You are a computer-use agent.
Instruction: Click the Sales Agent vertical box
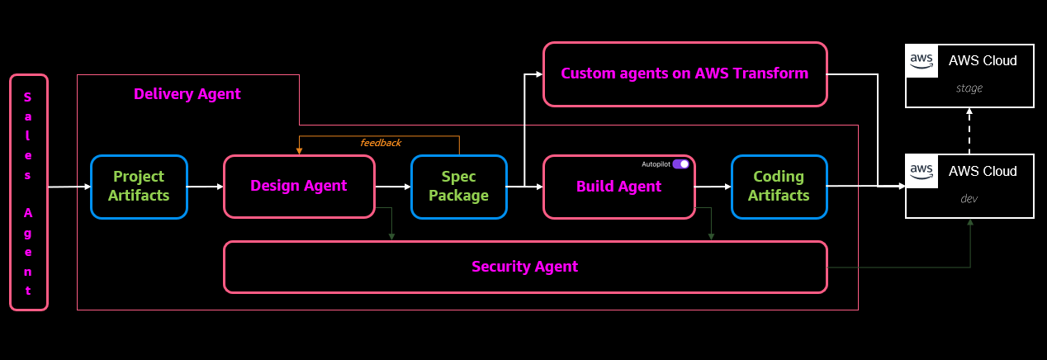pyautogui.click(x=29, y=192)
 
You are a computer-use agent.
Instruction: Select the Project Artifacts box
pyautogui.click(x=140, y=187)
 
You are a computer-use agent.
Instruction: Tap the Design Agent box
pyautogui.click(x=299, y=187)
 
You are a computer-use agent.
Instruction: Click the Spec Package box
pyautogui.click(x=459, y=187)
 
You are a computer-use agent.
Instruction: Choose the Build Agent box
pyautogui.click(x=618, y=187)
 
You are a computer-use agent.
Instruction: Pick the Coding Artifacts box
pyautogui.click(x=779, y=187)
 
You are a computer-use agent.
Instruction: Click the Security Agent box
pyautogui.click(x=525, y=267)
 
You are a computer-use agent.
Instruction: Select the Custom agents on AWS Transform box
pyautogui.click(x=685, y=73)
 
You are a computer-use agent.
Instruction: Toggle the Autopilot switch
pyautogui.click(x=680, y=164)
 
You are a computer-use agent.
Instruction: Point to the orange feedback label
pyautogui.click(x=381, y=143)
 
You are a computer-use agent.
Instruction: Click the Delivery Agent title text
pyautogui.click(x=187, y=94)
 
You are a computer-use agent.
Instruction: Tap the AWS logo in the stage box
pyautogui.click(x=921, y=60)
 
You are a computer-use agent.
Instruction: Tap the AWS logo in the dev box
pyautogui.click(x=921, y=171)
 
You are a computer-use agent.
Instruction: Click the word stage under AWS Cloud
pyautogui.click(x=969, y=88)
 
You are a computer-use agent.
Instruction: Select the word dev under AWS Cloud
pyautogui.click(x=969, y=199)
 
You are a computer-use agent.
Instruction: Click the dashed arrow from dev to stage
pyautogui.click(x=969, y=130)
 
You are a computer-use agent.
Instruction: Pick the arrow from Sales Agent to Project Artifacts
pyautogui.click(x=69, y=187)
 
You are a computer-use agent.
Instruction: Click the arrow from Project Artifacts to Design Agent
pyautogui.click(x=206, y=187)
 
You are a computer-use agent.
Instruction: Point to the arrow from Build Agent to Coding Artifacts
pyautogui.click(x=713, y=187)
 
